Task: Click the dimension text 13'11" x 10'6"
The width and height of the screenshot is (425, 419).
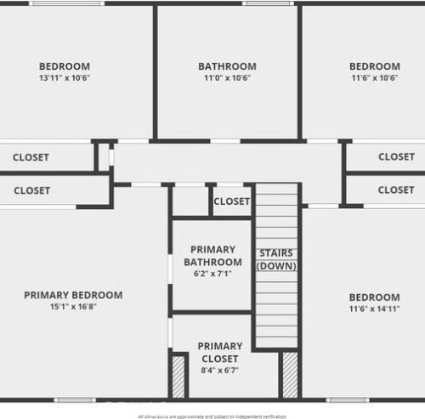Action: click(65, 78)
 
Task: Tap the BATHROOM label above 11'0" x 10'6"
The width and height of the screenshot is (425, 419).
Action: click(227, 66)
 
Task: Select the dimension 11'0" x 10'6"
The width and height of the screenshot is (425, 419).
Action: click(227, 78)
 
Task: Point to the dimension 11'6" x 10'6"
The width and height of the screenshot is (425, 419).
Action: click(375, 78)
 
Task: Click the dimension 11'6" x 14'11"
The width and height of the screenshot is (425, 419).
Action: click(375, 309)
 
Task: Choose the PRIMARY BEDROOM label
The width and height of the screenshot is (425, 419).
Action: click(73, 295)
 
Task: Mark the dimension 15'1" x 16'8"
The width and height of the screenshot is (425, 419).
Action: click(73, 307)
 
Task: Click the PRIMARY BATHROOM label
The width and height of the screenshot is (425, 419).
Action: click(212, 255)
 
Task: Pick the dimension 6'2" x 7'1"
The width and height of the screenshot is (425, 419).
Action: click(212, 275)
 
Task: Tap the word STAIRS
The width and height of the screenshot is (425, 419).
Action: click(277, 252)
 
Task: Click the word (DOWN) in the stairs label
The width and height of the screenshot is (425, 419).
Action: click(277, 266)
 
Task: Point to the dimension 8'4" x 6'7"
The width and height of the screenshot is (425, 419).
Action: click(220, 371)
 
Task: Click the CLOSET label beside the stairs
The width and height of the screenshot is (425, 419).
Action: click(232, 201)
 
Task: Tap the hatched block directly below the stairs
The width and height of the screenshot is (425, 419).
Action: click(290, 374)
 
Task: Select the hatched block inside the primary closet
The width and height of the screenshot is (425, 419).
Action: click(178, 377)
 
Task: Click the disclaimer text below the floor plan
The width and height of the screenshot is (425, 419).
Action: click(212, 416)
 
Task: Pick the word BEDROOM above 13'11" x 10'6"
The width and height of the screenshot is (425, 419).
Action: click(65, 66)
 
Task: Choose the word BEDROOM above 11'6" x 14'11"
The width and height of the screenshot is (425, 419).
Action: click(375, 297)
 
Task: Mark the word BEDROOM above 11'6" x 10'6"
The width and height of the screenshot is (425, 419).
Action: click(375, 66)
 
